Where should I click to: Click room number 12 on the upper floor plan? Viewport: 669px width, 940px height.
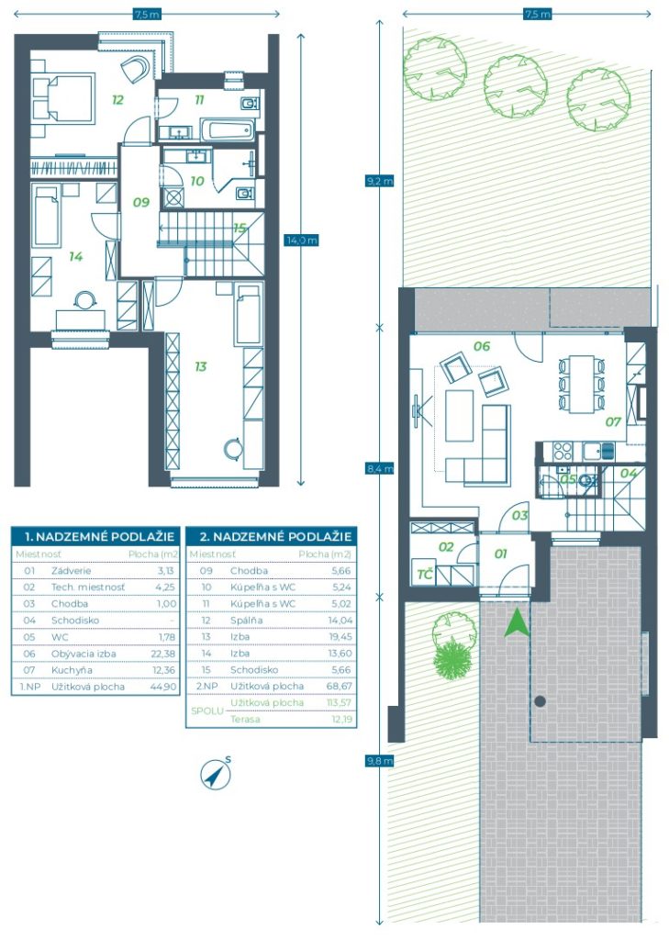[x=117, y=99]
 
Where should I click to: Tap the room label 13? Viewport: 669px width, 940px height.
[x=200, y=366]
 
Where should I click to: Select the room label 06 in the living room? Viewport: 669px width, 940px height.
[x=482, y=346]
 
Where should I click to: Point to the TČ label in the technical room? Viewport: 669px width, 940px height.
[x=425, y=575]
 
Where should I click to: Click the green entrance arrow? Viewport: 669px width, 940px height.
[x=516, y=623]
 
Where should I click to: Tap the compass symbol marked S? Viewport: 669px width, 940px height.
[x=216, y=773]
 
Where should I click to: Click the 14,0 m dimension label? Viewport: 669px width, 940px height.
[x=302, y=241]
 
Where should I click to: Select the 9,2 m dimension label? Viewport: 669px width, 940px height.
[x=380, y=181]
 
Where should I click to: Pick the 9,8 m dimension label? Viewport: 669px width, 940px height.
[x=380, y=761]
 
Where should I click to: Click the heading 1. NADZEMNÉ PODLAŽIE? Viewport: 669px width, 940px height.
[x=99, y=536]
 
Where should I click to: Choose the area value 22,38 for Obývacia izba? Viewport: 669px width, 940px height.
[x=165, y=654]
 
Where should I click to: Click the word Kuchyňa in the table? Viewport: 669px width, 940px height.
[x=72, y=669]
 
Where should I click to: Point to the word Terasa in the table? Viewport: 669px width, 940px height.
[x=245, y=719]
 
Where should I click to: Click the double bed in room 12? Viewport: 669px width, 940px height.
[x=63, y=99]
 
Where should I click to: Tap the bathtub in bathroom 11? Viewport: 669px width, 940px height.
[x=228, y=130]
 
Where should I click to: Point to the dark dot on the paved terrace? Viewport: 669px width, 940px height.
[x=541, y=700]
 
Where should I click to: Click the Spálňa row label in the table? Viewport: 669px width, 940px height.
[x=246, y=621]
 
